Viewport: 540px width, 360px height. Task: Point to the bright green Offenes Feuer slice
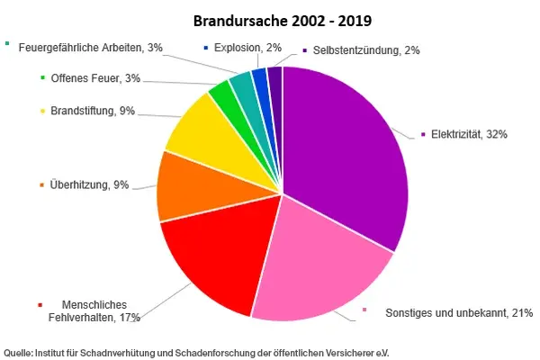point(221,96)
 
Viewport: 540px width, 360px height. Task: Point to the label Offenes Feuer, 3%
point(95,78)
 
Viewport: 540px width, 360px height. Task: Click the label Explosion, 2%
point(247,47)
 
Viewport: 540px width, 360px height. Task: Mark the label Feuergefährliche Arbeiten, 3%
point(90,46)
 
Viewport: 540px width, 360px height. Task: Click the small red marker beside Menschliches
point(40,304)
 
